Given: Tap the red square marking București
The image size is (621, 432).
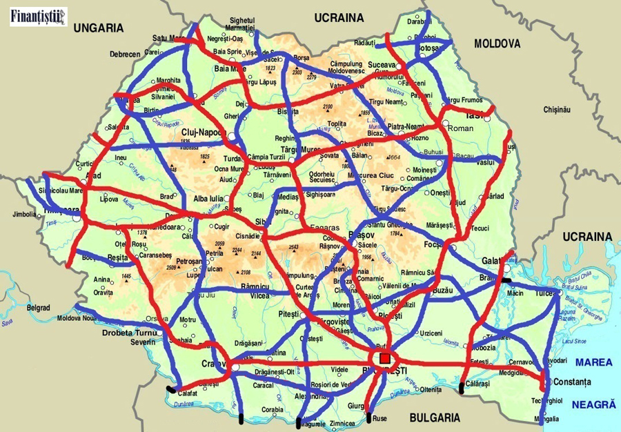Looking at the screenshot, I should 384,358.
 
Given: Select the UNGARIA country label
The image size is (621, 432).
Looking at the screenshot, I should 99,28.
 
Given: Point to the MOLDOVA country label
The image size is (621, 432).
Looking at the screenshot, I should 497,43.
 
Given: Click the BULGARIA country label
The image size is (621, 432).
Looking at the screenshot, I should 435,418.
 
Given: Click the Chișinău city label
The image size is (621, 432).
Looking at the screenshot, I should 558,110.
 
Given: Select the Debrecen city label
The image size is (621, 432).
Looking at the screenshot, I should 124,54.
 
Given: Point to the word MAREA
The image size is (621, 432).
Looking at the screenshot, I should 594,362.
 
